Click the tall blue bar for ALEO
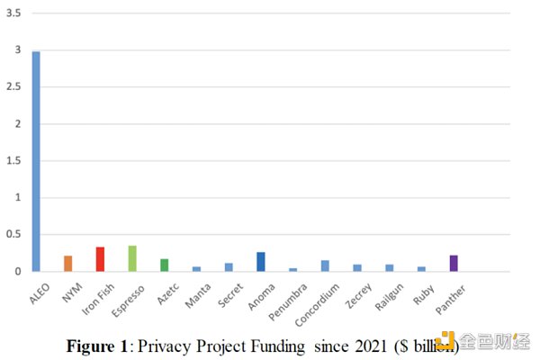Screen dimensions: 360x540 click(x=36, y=162)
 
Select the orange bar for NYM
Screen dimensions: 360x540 click(x=67, y=263)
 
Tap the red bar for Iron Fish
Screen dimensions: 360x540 click(x=100, y=259)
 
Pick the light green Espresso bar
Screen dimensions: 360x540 click(x=132, y=258)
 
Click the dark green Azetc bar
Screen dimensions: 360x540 click(x=165, y=265)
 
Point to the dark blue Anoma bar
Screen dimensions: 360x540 click(x=261, y=261)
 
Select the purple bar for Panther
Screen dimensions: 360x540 click(x=454, y=263)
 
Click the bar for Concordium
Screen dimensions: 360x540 click(x=325, y=265)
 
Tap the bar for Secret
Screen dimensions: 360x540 click(x=229, y=266)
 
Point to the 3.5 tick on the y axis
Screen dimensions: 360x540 click(x=14, y=13)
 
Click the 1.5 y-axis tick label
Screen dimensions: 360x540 click(x=14, y=160)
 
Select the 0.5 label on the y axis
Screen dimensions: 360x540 click(x=14, y=234)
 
